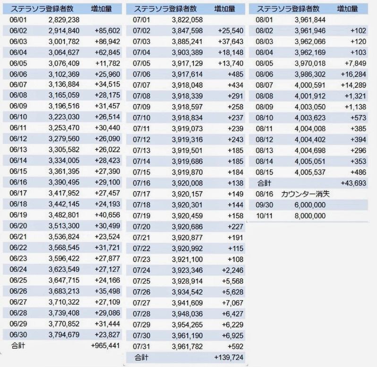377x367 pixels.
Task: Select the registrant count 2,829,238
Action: click(x=64, y=19)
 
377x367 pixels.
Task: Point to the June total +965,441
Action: click(x=105, y=346)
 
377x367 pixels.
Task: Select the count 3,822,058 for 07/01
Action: click(x=187, y=19)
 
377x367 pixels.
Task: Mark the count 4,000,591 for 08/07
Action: click(x=310, y=85)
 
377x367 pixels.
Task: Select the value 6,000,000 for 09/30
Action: click(x=310, y=205)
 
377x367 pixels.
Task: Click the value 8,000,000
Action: click(x=310, y=215)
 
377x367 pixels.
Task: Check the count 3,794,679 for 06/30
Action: click(x=64, y=335)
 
